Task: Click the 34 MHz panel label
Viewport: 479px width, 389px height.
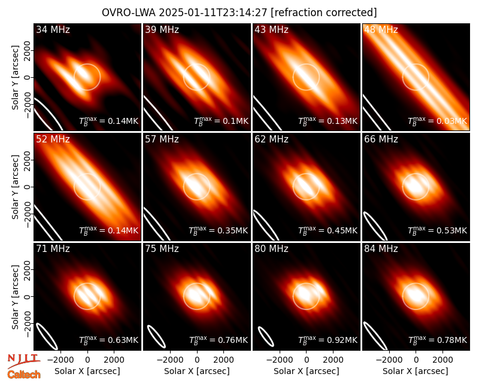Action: [53, 29]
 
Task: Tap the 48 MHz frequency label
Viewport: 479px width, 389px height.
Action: [381, 29]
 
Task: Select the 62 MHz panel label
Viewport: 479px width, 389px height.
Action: [272, 139]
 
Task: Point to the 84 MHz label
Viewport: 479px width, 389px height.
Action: [381, 249]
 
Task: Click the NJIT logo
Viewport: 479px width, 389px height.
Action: [23, 360]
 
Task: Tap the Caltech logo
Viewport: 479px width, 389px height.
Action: [24, 375]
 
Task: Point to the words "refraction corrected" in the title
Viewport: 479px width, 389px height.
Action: [324, 13]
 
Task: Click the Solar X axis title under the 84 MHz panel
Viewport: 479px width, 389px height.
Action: [416, 371]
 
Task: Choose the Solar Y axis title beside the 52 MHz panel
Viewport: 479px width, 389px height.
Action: [15, 187]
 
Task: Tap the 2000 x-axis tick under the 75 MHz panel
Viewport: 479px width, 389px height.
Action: [223, 360]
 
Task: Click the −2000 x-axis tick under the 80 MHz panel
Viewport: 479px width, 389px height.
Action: [277, 360]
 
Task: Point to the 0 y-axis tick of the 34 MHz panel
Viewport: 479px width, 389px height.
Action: [28, 77]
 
